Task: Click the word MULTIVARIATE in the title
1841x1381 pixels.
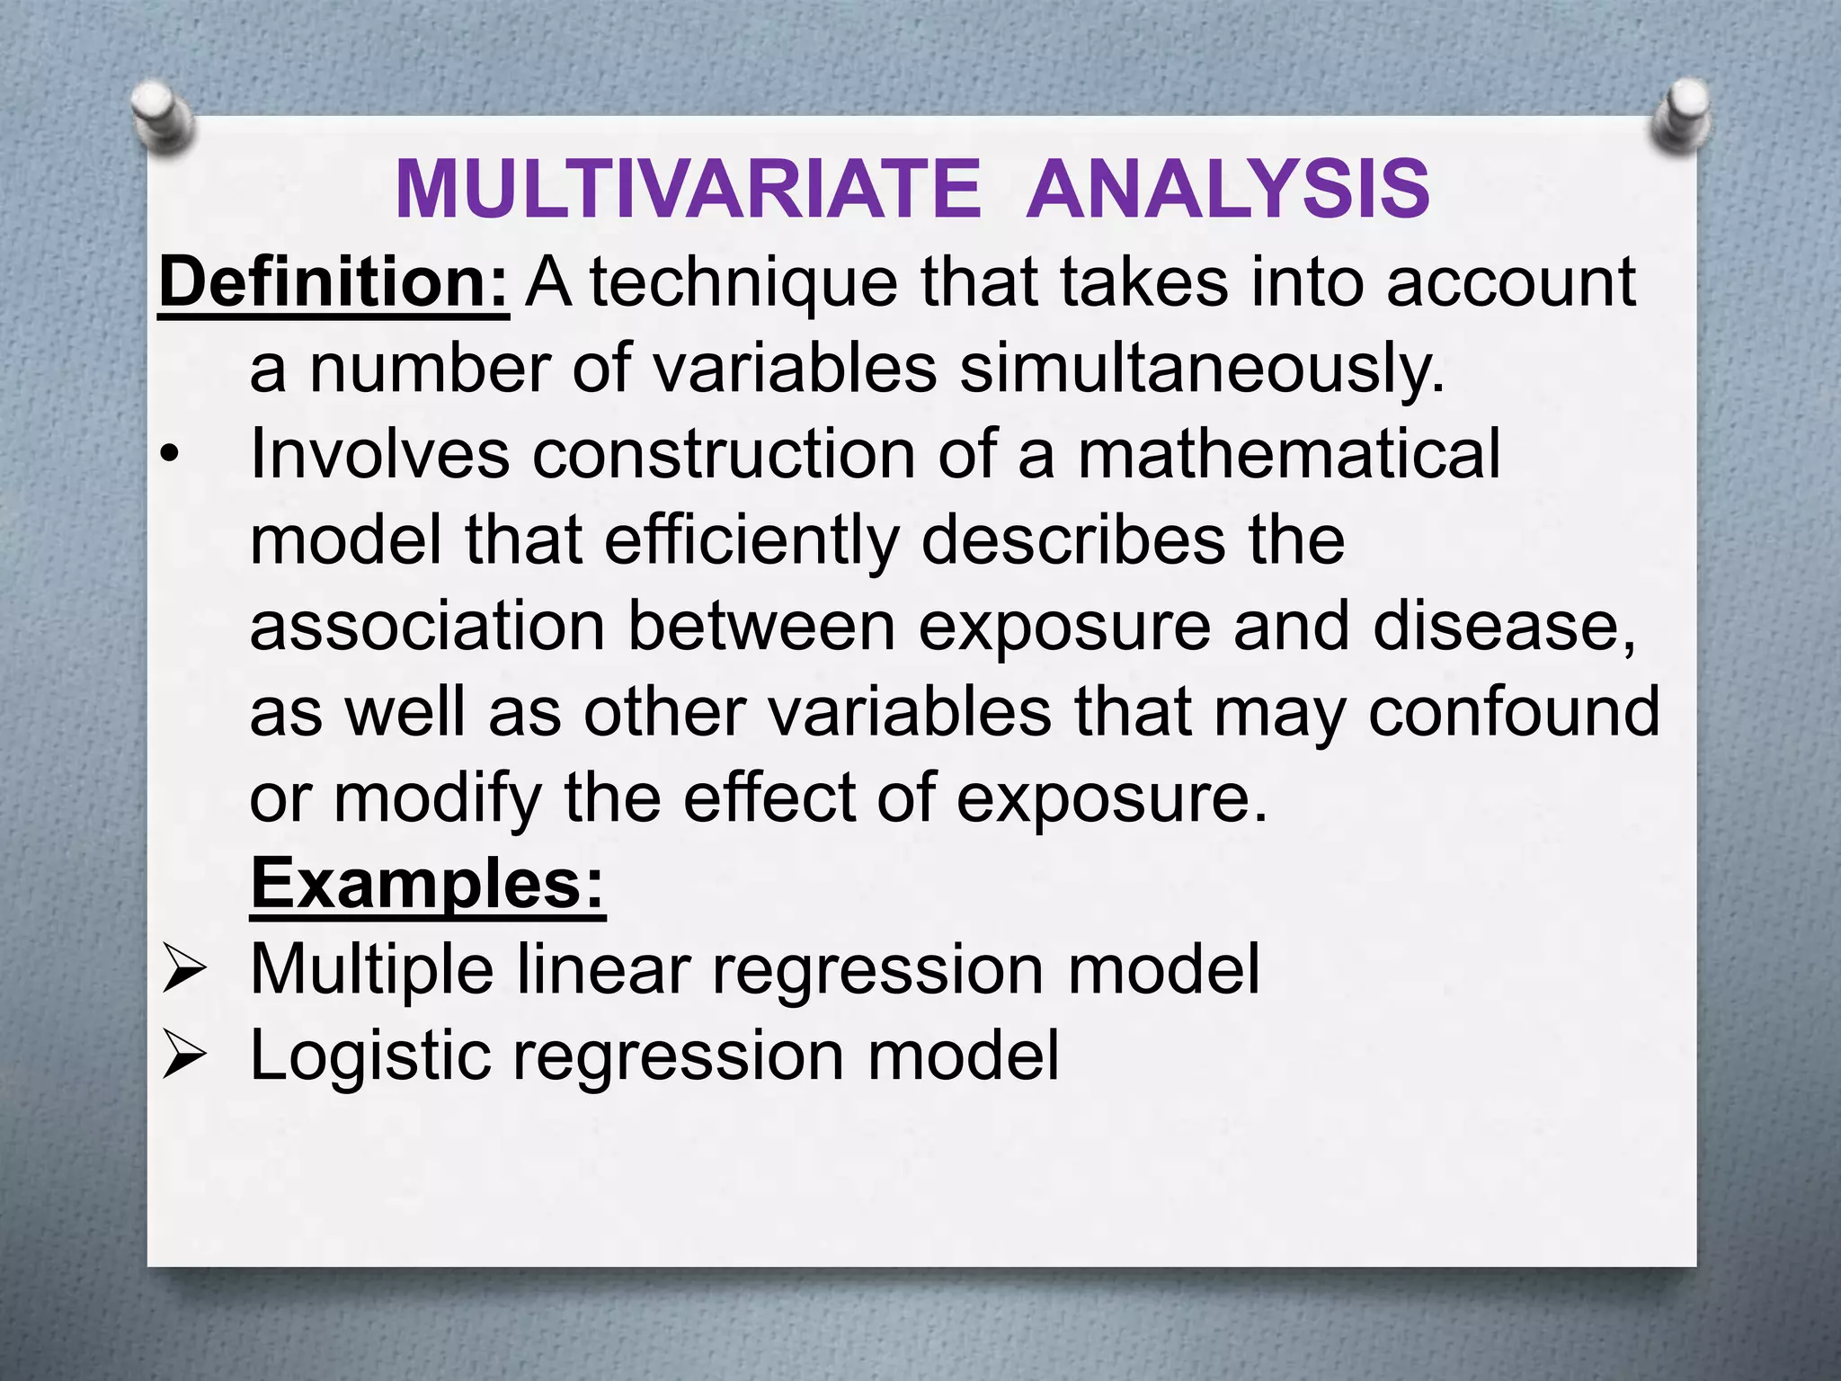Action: (688, 190)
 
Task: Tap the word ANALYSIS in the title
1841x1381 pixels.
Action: (1227, 190)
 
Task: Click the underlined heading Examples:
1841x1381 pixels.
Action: (428, 884)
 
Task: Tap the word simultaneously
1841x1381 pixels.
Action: (1202, 369)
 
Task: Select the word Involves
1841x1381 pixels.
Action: (379, 454)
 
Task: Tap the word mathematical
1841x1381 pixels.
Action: (1288, 454)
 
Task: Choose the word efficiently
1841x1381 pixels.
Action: (751, 540)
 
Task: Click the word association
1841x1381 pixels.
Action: (427, 627)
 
